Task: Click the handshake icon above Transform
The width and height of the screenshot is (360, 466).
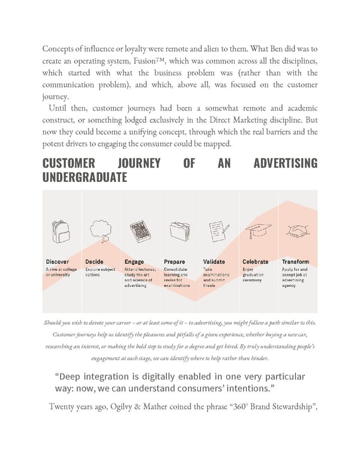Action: [x=296, y=231]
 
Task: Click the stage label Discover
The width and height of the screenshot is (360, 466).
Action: [x=57, y=262]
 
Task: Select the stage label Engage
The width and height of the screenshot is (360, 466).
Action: [x=134, y=262]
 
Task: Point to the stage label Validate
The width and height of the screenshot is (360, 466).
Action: [x=214, y=262]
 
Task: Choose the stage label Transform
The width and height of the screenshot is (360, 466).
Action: [x=296, y=262]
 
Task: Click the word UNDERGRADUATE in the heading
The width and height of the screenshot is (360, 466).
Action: [x=84, y=178]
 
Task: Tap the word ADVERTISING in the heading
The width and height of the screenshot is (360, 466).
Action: [x=285, y=163]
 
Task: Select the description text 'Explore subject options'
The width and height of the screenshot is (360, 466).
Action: [x=100, y=272]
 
